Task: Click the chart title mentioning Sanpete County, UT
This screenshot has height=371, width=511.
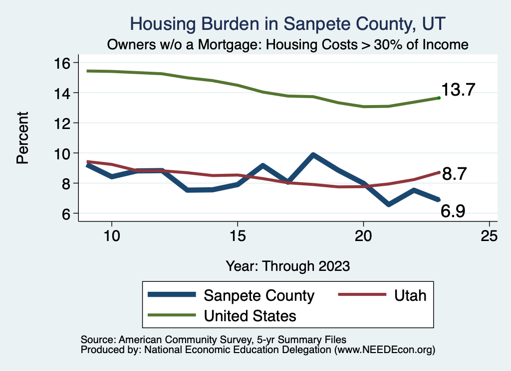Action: pos(287,24)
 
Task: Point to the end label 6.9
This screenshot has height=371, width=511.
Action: pos(453,212)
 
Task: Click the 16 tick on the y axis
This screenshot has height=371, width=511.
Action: pos(64,63)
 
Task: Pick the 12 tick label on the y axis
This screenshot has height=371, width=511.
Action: pos(64,123)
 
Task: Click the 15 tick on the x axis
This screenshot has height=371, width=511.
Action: pos(237,236)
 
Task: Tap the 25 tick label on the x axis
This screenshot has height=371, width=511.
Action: pos(489,236)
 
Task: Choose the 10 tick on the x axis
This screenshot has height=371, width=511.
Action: pos(111,236)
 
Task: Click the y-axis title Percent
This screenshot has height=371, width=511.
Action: pos(22,138)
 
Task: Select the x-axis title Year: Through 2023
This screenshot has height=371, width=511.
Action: pos(287,265)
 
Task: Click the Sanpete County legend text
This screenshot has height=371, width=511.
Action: pos(259,295)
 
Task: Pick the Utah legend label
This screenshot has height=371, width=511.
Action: pos(410,295)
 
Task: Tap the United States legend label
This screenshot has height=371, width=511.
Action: pos(250,316)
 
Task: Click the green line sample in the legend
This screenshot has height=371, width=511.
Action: pos(171,315)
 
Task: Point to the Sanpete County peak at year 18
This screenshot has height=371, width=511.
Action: pos(313,155)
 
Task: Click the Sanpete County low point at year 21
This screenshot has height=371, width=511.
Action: pos(388,204)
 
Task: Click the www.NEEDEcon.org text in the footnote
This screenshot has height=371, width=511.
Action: pos(384,350)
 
